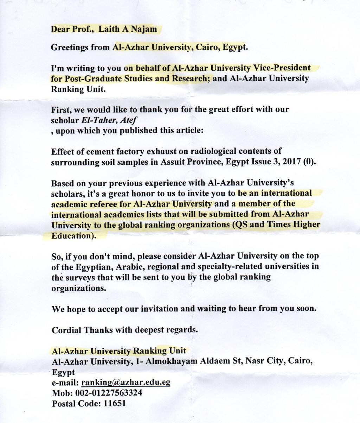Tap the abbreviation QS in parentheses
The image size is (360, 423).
pyautogui.click(x=241, y=225)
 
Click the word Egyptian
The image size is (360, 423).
pyautogui.click(x=85, y=266)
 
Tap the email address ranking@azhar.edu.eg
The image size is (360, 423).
pyautogui.click(x=126, y=382)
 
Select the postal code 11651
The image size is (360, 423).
pyautogui.click(x=115, y=403)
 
